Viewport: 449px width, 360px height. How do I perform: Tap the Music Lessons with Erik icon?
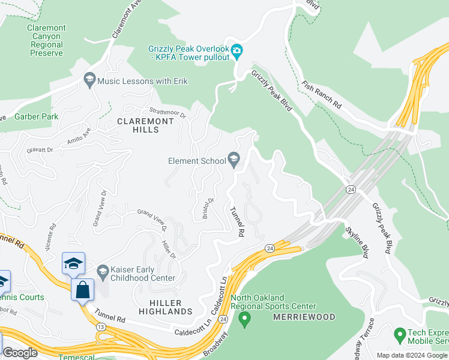[x=89, y=80]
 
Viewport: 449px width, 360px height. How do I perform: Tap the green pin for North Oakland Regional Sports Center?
[x=244, y=321]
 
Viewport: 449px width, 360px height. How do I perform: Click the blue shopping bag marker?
[x=82, y=290]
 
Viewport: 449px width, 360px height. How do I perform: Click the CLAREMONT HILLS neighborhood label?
[x=145, y=125]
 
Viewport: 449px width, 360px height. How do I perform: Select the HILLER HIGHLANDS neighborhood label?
[x=165, y=307]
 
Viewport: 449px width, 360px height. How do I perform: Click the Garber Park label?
[x=37, y=116]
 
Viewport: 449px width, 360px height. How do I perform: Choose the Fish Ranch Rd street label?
[x=322, y=95]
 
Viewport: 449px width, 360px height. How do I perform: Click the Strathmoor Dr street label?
[x=168, y=112]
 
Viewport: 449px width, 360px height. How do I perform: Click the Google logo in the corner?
[x=20, y=352]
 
